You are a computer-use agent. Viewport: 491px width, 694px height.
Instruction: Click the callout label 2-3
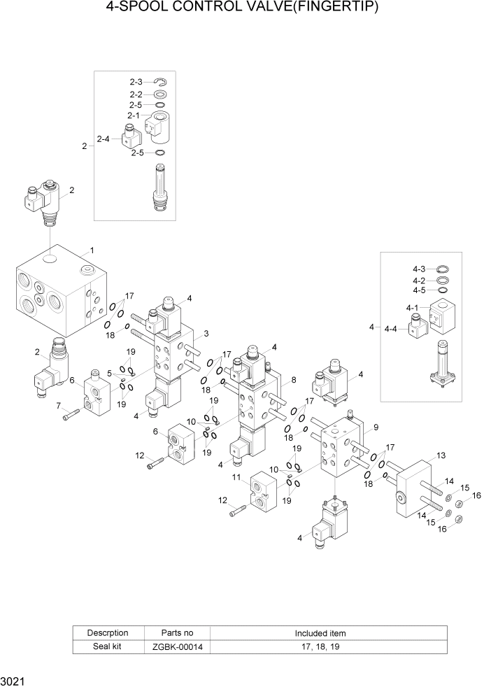click(x=135, y=83)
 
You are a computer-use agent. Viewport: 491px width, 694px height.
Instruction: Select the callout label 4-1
click(x=411, y=308)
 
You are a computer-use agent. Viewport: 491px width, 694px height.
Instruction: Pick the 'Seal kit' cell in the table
click(x=108, y=647)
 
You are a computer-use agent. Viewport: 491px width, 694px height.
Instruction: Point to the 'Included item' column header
click(x=319, y=633)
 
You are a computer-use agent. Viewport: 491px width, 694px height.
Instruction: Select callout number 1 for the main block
click(x=92, y=250)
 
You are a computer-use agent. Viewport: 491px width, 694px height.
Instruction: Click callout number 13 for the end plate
click(x=441, y=455)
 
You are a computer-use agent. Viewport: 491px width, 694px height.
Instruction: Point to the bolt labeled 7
click(x=68, y=417)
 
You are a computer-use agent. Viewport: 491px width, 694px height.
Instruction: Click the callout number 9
click(x=376, y=427)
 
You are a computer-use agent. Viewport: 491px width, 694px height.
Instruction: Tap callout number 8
click(x=293, y=379)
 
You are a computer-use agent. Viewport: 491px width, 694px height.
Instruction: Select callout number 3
click(x=206, y=333)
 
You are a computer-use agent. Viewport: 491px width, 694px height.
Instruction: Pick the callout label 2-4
click(x=103, y=139)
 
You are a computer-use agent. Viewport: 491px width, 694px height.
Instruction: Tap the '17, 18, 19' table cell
click(x=319, y=647)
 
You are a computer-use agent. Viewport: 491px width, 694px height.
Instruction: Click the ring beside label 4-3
click(x=442, y=269)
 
